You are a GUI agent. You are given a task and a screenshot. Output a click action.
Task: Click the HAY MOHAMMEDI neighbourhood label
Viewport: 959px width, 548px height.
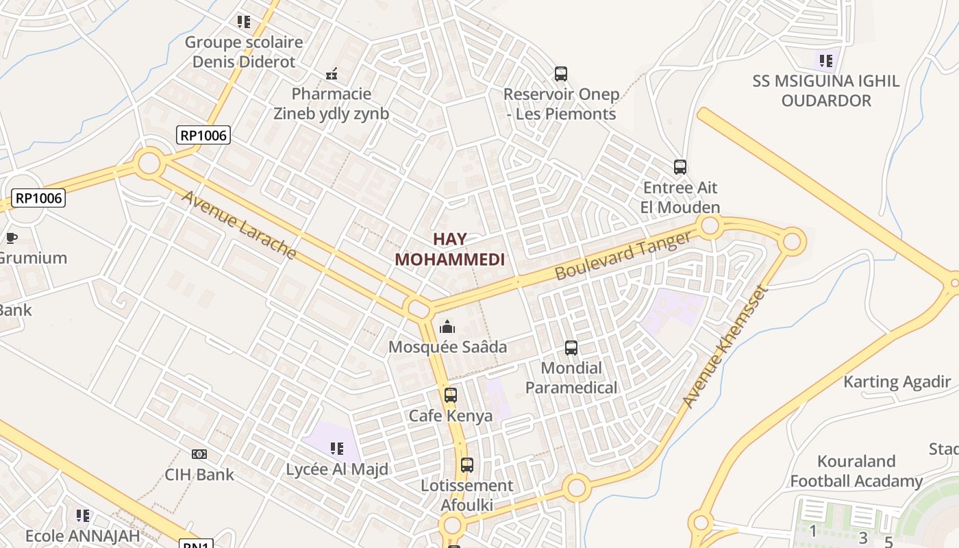tap(450, 249)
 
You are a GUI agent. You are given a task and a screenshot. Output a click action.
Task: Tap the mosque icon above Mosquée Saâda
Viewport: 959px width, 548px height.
tap(447, 327)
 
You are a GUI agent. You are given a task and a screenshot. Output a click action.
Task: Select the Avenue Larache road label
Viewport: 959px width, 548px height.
tap(239, 225)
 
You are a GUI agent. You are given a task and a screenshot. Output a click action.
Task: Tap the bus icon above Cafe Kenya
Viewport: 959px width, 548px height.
tap(450, 395)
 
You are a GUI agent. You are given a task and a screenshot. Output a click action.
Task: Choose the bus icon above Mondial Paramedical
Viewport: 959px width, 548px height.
tap(571, 348)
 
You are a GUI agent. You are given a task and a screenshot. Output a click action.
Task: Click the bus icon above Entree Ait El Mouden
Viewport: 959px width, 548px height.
tap(680, 167)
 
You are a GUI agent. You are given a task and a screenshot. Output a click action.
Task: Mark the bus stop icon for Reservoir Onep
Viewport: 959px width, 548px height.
tap(560, 74)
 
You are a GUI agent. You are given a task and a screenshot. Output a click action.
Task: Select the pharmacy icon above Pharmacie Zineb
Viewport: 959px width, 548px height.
tap(332, 74)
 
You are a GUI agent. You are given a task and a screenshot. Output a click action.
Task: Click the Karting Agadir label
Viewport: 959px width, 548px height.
tap(897, 382)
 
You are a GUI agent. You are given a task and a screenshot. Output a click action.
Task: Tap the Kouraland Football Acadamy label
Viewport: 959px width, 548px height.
tap(856, 471)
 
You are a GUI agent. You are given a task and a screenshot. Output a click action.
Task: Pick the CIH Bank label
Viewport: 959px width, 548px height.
tap(199, 474)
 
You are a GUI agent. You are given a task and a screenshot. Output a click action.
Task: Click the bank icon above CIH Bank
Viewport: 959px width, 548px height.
tap(199, 453)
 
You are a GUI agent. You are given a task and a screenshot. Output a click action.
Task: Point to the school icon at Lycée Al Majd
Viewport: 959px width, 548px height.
tap(336, 449)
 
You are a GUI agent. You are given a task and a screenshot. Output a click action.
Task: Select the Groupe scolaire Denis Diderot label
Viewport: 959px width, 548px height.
tap(244, 51)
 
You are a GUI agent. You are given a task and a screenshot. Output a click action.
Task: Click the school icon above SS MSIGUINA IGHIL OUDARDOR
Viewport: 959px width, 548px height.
tap(825, 61)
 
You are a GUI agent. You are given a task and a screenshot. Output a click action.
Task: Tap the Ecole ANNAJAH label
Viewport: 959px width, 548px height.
tap(82, 535)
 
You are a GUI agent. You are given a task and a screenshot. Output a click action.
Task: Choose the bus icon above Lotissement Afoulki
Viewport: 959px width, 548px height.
tap(466, 465)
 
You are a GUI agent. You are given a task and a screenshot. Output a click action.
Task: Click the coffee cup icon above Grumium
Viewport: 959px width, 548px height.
tap(11, 238)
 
